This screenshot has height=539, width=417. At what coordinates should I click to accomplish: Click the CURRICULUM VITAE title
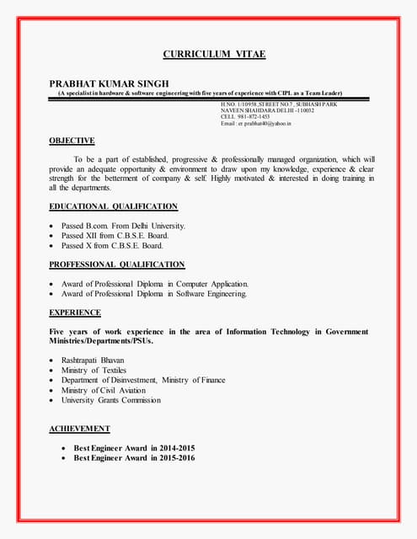coord(214,55)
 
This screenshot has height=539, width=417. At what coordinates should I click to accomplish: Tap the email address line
coord(255,124)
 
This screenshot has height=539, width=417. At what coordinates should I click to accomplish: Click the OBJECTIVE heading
coord(72,141)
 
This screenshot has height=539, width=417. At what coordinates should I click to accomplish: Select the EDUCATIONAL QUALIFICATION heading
coord(113,206)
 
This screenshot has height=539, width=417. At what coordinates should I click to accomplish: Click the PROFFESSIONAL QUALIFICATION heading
coord(116,264)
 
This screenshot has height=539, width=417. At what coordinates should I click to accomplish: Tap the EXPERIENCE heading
coord(75,312)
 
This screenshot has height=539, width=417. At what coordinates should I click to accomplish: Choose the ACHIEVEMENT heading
coord(79,429)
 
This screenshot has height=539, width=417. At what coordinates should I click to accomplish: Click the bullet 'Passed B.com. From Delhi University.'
coord(123,226)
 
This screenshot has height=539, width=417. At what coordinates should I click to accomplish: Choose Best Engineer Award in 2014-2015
coord(134,447)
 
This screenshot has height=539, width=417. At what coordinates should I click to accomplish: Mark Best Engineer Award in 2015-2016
coord(134,457)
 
